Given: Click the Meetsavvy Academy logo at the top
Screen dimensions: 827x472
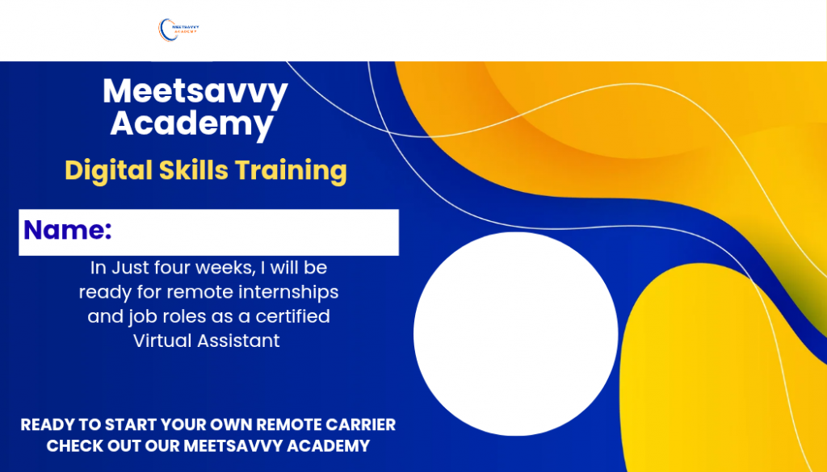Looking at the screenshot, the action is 178,30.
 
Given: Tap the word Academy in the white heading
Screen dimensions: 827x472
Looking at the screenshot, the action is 192,125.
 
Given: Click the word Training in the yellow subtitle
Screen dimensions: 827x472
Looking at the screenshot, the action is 291,171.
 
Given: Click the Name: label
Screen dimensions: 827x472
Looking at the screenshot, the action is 68,230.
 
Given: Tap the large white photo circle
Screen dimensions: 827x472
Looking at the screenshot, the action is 516,334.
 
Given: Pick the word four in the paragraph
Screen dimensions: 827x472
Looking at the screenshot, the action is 173,268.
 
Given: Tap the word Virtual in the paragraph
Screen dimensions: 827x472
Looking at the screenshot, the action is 162,340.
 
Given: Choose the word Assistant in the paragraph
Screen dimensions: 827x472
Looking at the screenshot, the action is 238,340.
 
